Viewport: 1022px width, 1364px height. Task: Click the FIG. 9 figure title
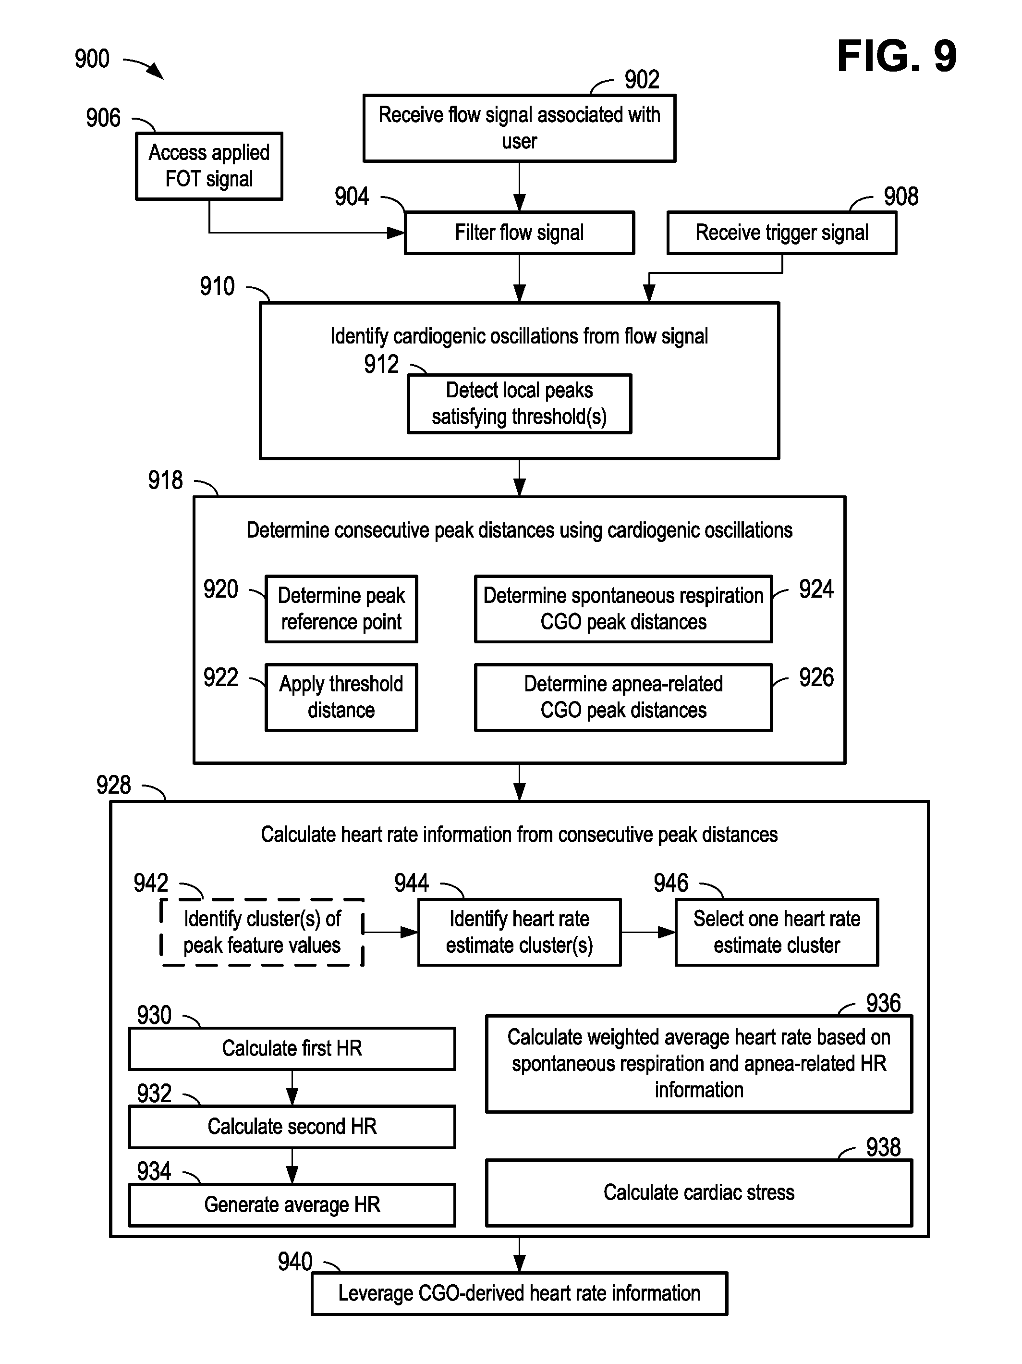tap(896, 56)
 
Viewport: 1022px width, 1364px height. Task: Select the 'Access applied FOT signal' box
tap(209, 166)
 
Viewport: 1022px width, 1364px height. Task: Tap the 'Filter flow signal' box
tap(519, 233)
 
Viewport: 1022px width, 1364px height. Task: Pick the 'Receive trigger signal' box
tap(781, 233)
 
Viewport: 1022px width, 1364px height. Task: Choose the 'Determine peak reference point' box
tap(341, 609)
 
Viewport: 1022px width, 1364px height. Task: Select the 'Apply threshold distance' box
tap(341, 697)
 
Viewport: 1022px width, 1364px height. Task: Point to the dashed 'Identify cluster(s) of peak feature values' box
tap(262, 932)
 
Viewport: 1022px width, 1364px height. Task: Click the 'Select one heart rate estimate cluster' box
tap(777, 932)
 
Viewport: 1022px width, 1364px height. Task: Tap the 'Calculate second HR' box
tap(292, 1127)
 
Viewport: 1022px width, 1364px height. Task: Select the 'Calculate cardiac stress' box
tap(698, 1192)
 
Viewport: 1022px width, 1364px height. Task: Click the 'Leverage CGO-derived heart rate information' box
tap(519, 1293)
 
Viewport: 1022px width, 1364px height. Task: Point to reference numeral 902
tap(642, 80)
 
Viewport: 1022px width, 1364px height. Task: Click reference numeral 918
tap(165, 480)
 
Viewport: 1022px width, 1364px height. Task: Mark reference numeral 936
tap(883, 1003)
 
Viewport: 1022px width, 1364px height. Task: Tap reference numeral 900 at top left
tap(92, 59)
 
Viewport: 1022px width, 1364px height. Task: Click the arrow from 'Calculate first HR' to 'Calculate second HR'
tap(292, 1088)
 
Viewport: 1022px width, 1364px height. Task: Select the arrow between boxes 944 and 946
tap(648, 932)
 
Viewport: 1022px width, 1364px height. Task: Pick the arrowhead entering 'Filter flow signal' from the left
tap(395, 233)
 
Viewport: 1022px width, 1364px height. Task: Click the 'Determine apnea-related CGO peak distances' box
tap(623, 697)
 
